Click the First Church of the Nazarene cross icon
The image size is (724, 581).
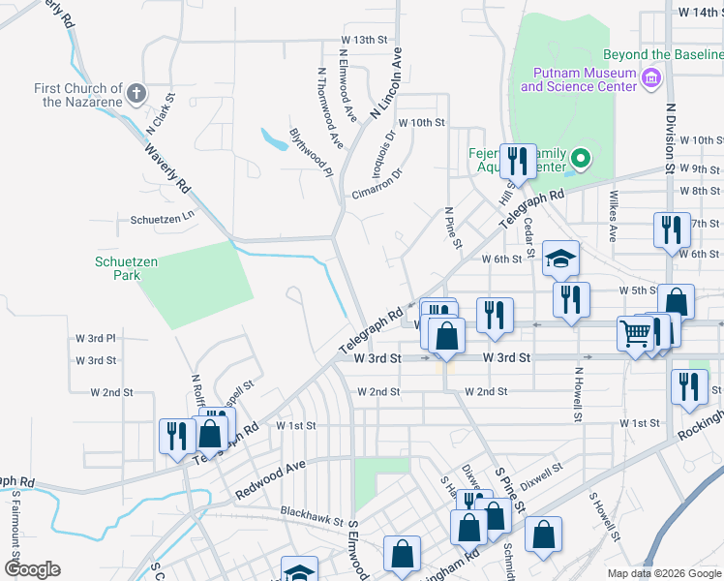pyautogui.click(x=136, y=94)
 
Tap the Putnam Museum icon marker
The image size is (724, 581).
pyautogui.click(x=651, y=76)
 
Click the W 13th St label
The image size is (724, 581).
pyautogui.click(x=363, y=40)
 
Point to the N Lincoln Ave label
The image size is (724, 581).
pyautogui.click(x=386, y=86)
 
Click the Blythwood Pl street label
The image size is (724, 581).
pyautogui.click(x=311, y=152)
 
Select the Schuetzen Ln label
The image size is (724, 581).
pyautogui.click(x=163, y=219)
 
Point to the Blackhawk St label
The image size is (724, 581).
pyautogui.click(x=312, y=512)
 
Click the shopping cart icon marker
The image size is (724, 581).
pyautogui.click(x=635, y=333)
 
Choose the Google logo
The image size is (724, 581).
pyautogui.click(x=32, y=569)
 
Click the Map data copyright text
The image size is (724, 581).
pyautogui.click(x=663, y=573)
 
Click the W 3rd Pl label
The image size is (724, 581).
pyautogui.click(x=96, y=338)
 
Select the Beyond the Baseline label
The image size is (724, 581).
pyautogui.click(x=663, y=55)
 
